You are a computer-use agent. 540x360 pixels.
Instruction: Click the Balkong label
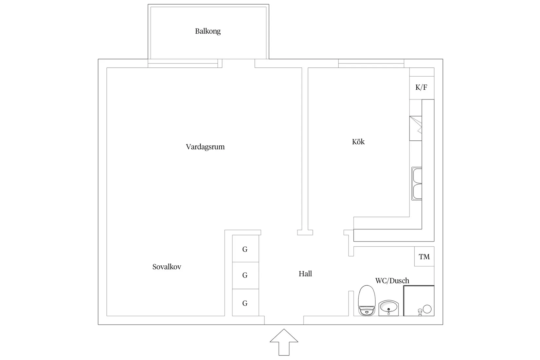coord(208,31)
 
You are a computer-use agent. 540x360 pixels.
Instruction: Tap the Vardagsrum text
coord(205,147)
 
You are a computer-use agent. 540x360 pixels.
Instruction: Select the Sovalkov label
coord(167,267)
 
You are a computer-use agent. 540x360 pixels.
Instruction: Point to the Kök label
coord(358,142)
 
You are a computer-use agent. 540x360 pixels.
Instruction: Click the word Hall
coord(305,274)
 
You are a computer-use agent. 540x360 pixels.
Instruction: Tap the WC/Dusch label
coord(392,281)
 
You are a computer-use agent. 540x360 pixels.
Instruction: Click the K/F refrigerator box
coord(422,87)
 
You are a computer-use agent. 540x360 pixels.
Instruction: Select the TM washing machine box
coord(424,257)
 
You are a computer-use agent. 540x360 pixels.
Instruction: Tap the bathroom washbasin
coord(388,308)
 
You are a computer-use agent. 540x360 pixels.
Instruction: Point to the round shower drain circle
coord(427,309)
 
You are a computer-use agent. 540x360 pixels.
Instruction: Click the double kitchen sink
coord(417,184)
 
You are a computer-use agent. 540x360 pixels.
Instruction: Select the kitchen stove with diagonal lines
coord(416,128)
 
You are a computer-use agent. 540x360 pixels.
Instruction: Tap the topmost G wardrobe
coord(245,249)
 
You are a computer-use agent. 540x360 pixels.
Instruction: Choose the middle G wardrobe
coord(245,275)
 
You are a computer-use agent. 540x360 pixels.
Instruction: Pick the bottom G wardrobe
coord(245,303)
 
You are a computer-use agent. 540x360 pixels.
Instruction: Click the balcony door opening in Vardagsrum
coord(238,63)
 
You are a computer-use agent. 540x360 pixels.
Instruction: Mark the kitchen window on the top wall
coord(371,63)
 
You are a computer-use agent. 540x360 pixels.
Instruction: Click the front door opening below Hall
coord(284,320)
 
